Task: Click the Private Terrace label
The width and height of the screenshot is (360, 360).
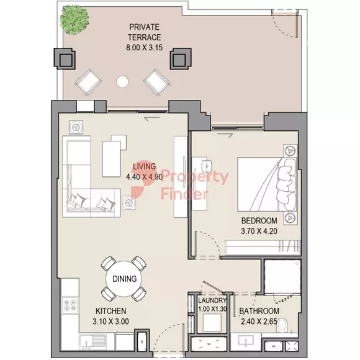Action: click(145, 32)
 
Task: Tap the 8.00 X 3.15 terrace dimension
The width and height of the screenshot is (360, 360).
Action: click(145, 48)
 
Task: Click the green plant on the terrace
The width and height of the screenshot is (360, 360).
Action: click(74, 20)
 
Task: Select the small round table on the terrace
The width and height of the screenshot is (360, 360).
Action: click(122, 81)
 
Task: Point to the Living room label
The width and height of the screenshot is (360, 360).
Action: click(145, 166)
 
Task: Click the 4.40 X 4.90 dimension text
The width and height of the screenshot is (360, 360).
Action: click(145, 176)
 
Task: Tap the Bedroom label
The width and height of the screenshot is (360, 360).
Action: click(259, 220)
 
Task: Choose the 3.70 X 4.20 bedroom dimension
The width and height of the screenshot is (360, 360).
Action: click(259, 231)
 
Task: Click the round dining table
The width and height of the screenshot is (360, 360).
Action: click(124, 279)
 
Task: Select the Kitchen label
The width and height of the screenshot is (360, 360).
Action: click(111, 311)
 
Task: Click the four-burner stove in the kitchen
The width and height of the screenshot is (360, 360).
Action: click(70, 305)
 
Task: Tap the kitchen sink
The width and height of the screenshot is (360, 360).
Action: click(92, 341)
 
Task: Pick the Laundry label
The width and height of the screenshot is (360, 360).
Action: click(212, 300)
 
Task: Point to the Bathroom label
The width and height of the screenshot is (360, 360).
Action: click(259, 311)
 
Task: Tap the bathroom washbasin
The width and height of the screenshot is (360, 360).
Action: click(246, 341)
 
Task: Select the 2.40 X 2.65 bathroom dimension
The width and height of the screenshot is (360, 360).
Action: click(259, 322)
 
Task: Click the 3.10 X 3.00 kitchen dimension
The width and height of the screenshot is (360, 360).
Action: click(111, 321)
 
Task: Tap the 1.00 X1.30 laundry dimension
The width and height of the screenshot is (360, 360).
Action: click(212, 309)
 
